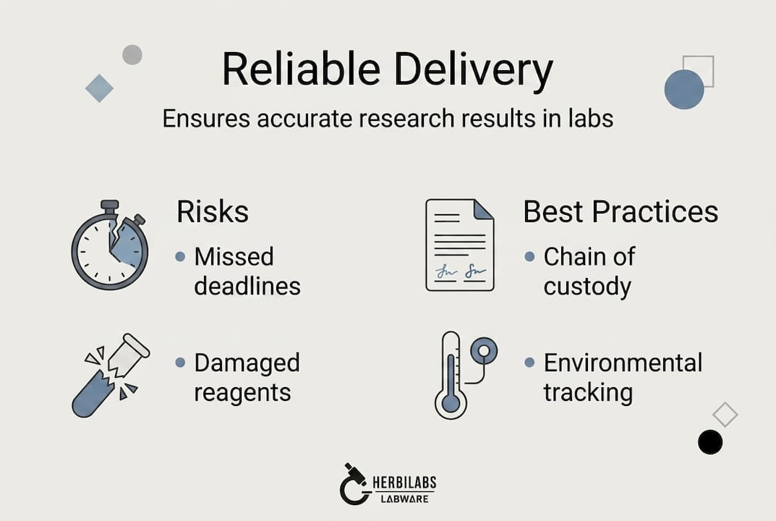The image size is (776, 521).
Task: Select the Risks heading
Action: coord(213,212)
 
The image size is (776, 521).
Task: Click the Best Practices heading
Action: coord(621,212)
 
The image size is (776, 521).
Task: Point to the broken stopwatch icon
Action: coord(110,245)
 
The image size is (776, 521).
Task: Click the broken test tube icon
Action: coord(111,375)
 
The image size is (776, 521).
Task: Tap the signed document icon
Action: coord(460,245)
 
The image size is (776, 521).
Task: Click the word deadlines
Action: coord(247,287)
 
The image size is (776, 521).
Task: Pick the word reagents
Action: coord(242,393)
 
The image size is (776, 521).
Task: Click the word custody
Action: coord(587,287)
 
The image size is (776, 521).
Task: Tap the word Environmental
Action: coord(623,363)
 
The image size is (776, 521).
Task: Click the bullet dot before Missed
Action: coord(180,257)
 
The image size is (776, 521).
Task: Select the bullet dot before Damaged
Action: coord(180,363)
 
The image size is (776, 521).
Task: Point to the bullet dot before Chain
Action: coord(529,257)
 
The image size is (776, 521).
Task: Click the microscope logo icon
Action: coord(354,483)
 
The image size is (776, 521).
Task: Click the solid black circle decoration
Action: coord(710,441)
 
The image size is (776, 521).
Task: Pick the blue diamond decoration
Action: coord(99,88)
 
